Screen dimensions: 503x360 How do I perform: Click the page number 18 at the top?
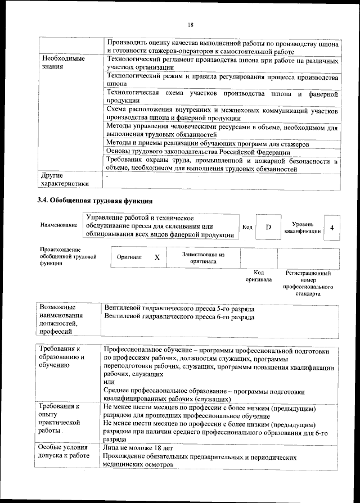click(x=190, y=24)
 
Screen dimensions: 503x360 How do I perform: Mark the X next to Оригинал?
click(x=157, y=257)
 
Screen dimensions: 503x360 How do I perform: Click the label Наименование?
click(x=58, y=225)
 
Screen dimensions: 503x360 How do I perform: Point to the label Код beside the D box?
click(x=247, y=226)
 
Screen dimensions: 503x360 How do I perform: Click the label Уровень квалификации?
click(x=303, y=227)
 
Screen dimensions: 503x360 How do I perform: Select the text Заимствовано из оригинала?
click(x=203, y=257)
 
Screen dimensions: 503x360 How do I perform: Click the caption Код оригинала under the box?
click(x=258, y=276)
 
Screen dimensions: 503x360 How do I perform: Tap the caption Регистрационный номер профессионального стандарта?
click(x=308, y=283)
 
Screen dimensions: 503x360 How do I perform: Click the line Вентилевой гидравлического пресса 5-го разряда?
click(x=179, y=309)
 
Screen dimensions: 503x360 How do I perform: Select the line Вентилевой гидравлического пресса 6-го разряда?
click(x=179, y=318)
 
